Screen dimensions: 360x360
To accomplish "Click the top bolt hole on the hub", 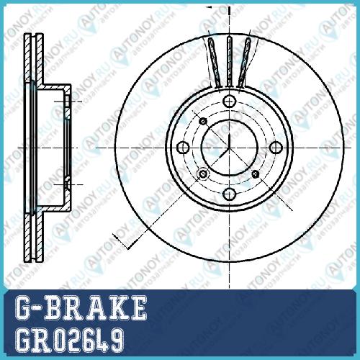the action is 230,102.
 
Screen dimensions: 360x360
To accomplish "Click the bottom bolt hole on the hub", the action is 230,194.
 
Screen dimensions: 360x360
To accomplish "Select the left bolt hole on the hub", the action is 183,148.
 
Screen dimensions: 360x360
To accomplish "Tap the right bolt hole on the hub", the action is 276,148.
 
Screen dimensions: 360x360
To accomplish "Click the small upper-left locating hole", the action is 204,122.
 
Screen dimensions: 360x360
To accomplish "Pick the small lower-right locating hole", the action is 256,174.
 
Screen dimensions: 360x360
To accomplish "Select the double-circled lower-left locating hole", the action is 203,174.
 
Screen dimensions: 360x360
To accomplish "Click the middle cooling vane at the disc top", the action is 230,61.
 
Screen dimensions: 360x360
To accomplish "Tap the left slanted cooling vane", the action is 215,63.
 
